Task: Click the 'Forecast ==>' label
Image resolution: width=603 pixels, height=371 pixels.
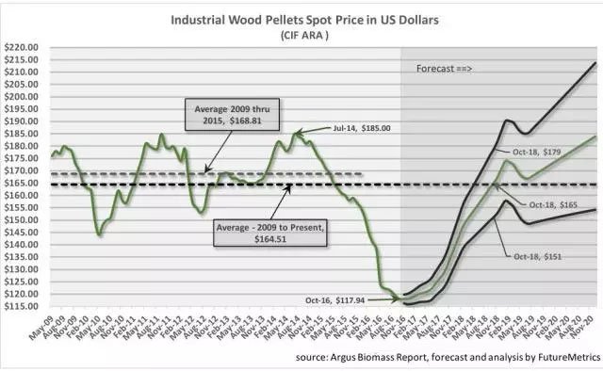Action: click(445, 69)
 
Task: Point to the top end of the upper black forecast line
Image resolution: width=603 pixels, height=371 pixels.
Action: click(595, 63)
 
